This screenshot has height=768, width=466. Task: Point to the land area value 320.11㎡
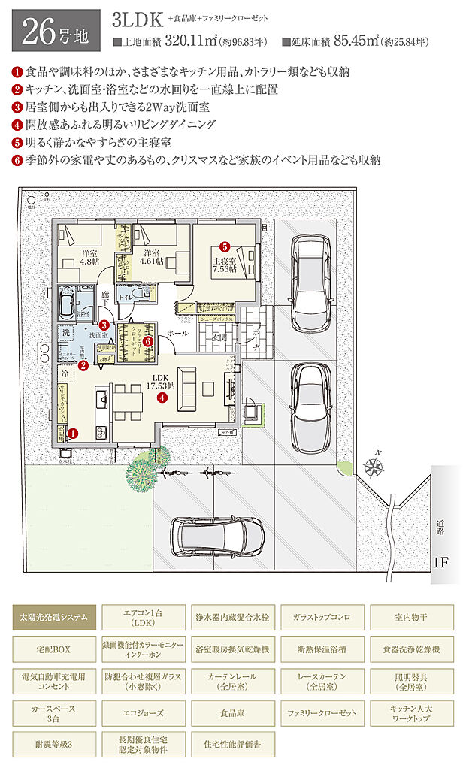point(216,42)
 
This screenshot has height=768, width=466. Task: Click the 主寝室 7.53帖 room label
point(224,265)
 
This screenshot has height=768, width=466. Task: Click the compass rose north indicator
point(373,467)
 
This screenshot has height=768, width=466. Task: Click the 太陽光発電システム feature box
point(54,618)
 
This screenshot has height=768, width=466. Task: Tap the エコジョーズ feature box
point(143,709)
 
